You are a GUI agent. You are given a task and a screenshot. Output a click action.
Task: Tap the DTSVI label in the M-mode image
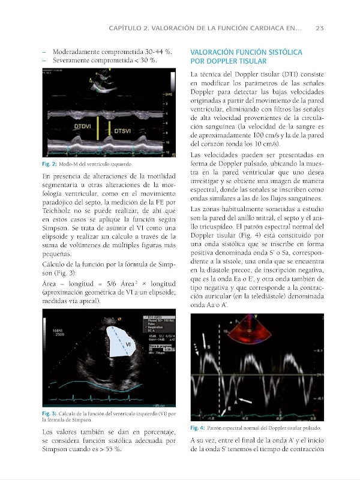pos(124,130)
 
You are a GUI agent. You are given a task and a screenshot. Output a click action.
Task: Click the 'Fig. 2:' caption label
pos(49,164)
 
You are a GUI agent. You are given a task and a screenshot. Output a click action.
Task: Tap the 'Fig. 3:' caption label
pos(49,413)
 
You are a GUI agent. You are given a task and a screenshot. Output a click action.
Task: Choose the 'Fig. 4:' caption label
pos(197,428)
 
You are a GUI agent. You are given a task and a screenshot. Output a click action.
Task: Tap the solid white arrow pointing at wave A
pos(244,398)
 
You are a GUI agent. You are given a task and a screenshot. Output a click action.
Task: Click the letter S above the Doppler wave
pos(208,347)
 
